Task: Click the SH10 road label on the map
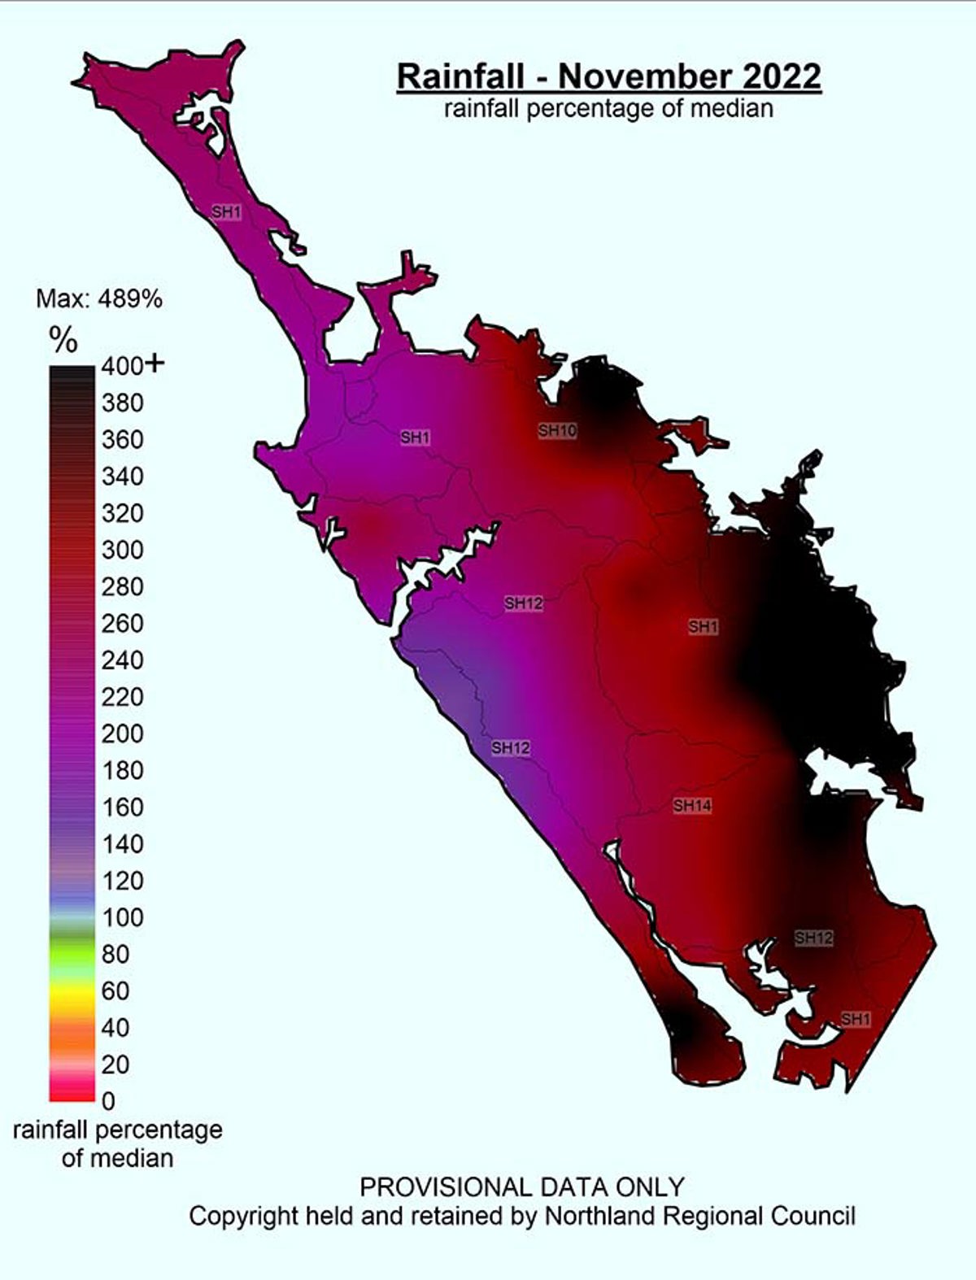[x=557, y=430]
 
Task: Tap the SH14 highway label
[x=692, y=806]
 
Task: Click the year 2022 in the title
[x=781, y=76]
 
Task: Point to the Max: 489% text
[x=99, y=299]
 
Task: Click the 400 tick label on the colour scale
[x=122, y=366]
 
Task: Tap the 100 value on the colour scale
[x=122, y=917]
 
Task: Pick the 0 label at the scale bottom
[x=108, y=1101]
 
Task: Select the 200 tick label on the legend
[x=122, y=734]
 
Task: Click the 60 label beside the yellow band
[x=115, y=990]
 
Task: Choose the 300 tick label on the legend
[x=122, y=550]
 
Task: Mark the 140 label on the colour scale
[x=122, y=844]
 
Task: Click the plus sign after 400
[x=154, y=364]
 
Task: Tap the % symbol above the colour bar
[x=63, y=341]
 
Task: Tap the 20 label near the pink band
[x=115, y=1064]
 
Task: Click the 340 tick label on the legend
[x=122, y=477]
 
